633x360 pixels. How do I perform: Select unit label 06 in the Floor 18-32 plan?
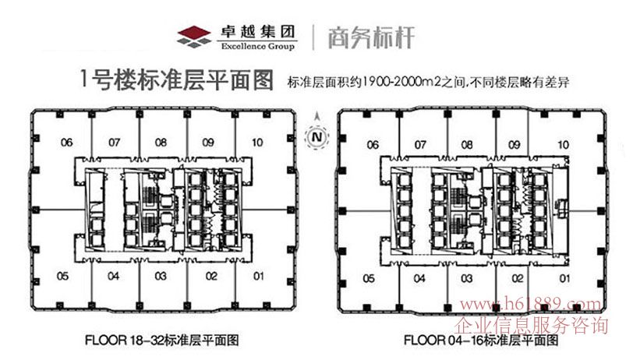tap(67, 143)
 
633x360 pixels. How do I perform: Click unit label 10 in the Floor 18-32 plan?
tap(256, 143)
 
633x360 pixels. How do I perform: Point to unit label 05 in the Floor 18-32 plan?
tap(64, 276)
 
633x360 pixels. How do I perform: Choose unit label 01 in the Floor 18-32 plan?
tap(259, 276)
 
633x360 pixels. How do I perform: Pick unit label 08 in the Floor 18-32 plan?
tap(161, 143)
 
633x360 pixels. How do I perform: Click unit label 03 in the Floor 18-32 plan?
tap(161, 276)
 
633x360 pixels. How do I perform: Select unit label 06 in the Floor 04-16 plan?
tap(373, 145)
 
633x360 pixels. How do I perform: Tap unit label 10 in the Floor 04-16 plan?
tap(563, 145)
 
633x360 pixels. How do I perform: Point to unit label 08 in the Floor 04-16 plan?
tap(467, 145)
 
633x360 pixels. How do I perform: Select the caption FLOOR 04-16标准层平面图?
tap(482, 341)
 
